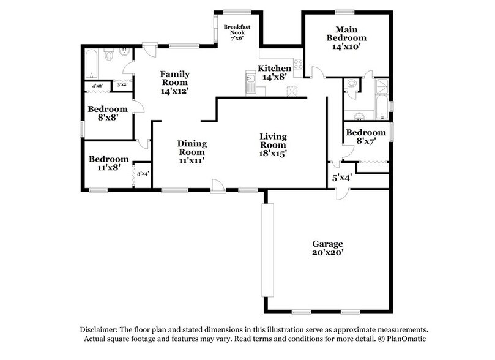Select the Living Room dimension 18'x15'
(273, 154)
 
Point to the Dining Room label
(192, 148)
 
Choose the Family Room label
(174, 78)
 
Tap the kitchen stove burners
(298, 63)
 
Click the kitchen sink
(250, 79)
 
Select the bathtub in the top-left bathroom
(92, 64)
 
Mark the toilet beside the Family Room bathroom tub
(110, 56)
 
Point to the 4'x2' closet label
(97, 86)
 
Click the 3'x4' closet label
(143, 174)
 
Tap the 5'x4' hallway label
(341, 179)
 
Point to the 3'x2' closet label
(121, 84)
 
